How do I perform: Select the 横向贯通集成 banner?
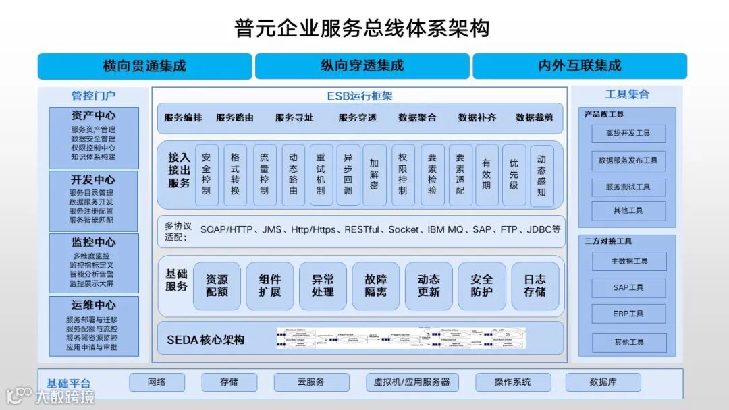pos(144,66)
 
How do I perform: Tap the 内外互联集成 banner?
pos(579,66)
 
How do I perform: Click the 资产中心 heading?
pos(93,115)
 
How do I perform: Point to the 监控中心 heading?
pos(93,242)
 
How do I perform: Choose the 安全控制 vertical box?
pos(206,175)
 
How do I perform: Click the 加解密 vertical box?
pos(374,175)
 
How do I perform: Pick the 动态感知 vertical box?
pos(541,175)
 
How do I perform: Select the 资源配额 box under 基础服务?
pos(217,286)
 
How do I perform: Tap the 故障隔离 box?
pos(375,286)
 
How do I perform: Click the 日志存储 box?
pos(535,286)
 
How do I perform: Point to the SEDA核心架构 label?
pos(206,340)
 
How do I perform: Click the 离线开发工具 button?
pos(628,134)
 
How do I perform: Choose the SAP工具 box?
pos(628,287)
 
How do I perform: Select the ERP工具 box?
pos(628,314)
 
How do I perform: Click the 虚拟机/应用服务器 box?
pos(412,382)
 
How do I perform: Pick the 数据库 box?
pos(603,382)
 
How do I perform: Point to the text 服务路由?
pos(235,117)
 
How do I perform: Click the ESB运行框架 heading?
pos(360,96)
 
